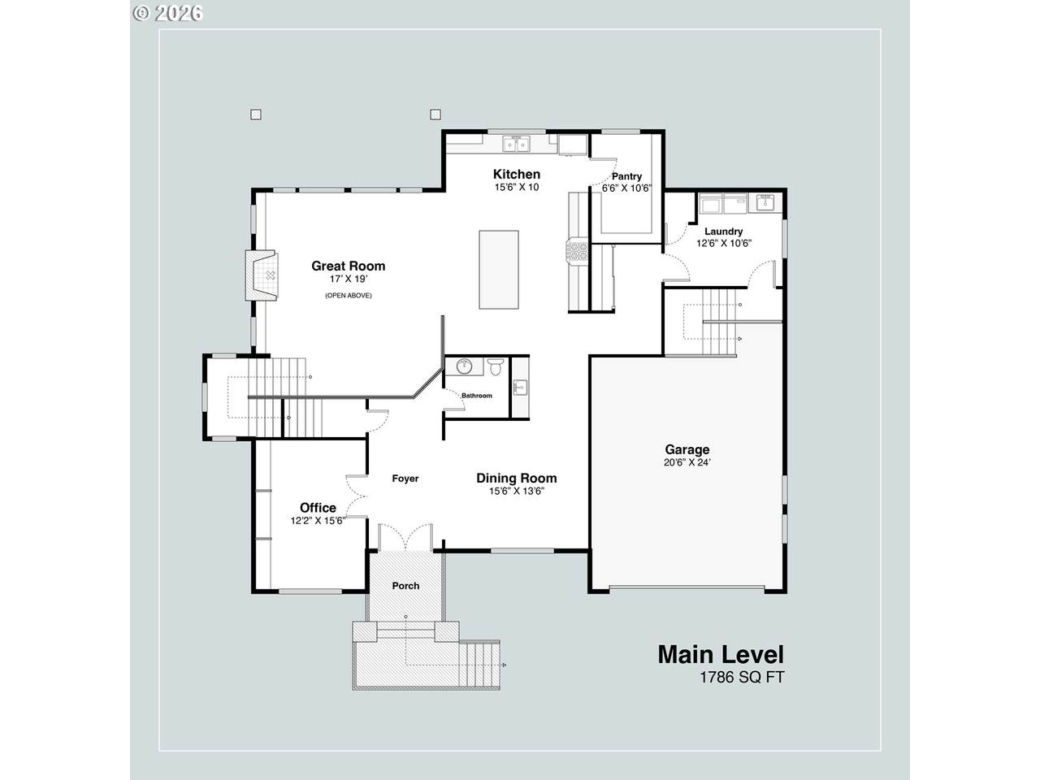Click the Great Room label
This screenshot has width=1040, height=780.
[x=349, y=266]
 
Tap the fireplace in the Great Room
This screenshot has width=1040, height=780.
[x=262, y=275]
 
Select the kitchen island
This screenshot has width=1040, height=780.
[x=498, y=270]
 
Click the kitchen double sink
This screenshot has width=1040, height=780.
[x=516, y=144]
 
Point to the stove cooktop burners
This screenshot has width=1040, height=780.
[x=578, y=251]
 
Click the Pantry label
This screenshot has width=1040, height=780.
[x=626, y=176]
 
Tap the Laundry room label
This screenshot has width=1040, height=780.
[x=723, y=232]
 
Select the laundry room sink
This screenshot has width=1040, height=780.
[x=765, y=201]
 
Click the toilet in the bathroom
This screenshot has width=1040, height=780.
[x=496, y=366]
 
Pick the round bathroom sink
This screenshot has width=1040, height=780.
[x=465, y=366]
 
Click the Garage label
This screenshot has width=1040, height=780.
[x=687, y=449]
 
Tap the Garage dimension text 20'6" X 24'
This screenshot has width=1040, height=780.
[x=687, y=462]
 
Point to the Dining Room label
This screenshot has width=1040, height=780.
[x=517, y=479]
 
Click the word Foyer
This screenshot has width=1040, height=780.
[x=405, y=479]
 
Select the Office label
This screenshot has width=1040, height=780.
[x=318, y=508]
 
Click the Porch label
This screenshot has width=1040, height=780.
[x=405, y=586]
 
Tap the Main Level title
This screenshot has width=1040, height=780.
[x=721, y=655]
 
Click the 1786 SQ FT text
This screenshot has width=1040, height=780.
[x=742, y=678]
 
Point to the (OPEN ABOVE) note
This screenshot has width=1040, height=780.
[x=349, y=296]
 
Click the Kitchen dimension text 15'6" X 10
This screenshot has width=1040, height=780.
[x=517, y=187]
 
